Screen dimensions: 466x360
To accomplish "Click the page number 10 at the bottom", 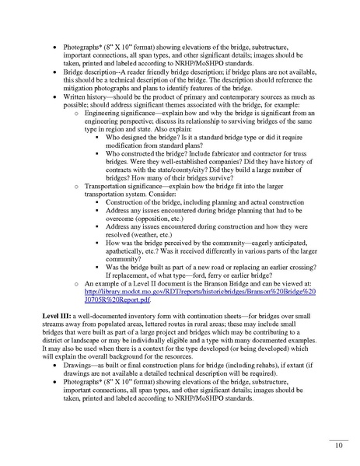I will click(x=338, y=446).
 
